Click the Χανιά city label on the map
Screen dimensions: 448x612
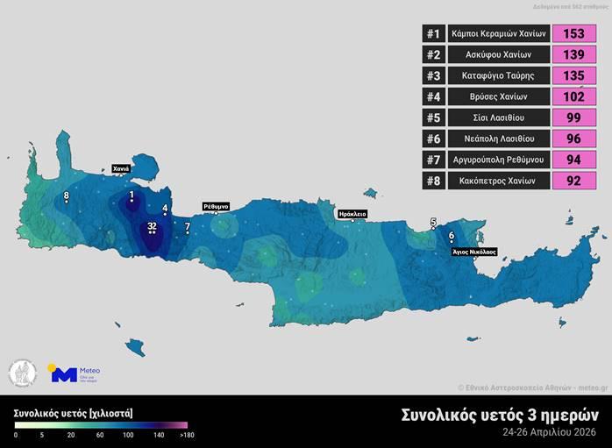(121, 168)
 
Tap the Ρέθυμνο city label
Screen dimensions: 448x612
(216, 206)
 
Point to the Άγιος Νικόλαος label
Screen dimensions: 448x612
(473, 251)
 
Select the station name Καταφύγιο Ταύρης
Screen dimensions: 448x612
(498, 75)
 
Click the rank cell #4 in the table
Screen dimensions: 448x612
(432, 96)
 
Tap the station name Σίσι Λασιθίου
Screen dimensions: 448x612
(498, 117)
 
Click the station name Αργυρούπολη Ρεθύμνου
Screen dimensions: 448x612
(498, 160)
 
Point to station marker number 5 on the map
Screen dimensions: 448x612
(432, 224)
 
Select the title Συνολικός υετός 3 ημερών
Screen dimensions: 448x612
(500, 415)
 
